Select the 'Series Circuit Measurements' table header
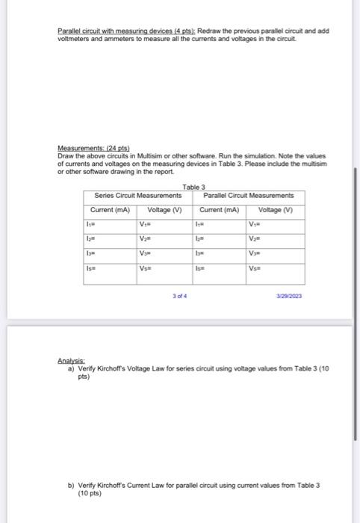click(137, 196)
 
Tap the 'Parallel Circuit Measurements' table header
click(248, 196)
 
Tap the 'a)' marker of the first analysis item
click(71, 368)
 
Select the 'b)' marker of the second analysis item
click(71, 485)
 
